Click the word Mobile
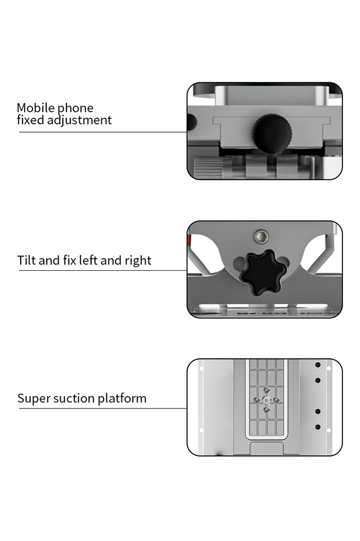pyautogui.click(x=35, y=108)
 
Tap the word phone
pyautogui.click(x=75, y=109)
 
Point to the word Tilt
pyautogui.click(x=27, y=260)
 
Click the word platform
pyautogui.click(x=122, y=398)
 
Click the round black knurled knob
pyautogui.click(x=273, y=134)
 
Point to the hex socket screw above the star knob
pyautogui.click(x=261, y=236)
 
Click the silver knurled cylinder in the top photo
pyautogui.click(x=208, y=167)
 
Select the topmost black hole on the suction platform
pyautogui.click(x=318, y=364)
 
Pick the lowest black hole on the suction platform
pyautogui.click(x=318, y=427)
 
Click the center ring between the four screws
pyautogui.click(x=266, y=400)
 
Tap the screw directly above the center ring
pyautogui.click(x=266, y=390)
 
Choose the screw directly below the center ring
pyautogui.click(x=266, y=410)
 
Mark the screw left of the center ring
pyautogui.click(x=257, y=400)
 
